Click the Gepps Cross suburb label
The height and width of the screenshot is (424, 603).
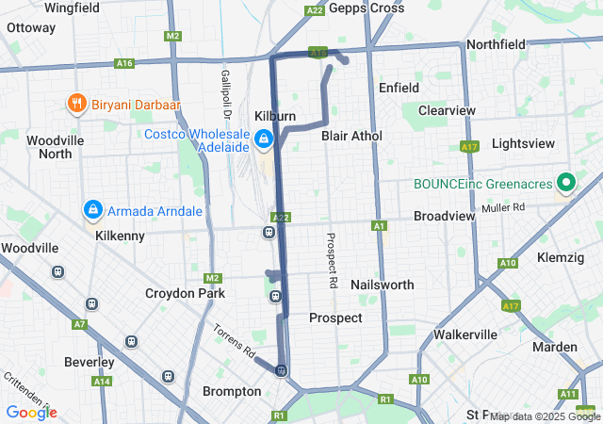tap(368, 8)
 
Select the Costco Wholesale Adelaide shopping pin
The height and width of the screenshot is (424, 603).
tap(266, 140)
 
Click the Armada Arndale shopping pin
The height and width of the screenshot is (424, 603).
tap(93, 210)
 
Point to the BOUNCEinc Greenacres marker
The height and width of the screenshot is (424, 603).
tap(566, 182)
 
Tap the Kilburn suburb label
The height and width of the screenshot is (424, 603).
tap(275, 113)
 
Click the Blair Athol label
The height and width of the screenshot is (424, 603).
tap(351, 136)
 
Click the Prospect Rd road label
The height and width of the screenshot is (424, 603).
tap(332, 261)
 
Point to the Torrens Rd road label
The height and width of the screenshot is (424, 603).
tap(234, 342)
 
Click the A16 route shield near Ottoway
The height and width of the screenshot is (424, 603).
tap(124, 63)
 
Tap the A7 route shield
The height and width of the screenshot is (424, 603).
tap(80, 324)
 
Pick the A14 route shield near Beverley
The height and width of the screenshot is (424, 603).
tap(102, 382)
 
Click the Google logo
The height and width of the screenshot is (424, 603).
tap(31, 412)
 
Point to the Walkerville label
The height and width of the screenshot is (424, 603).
tap(465, 334)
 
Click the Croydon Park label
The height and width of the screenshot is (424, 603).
tap(185, 293)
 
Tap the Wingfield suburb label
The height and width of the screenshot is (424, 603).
tap(72, 8)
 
